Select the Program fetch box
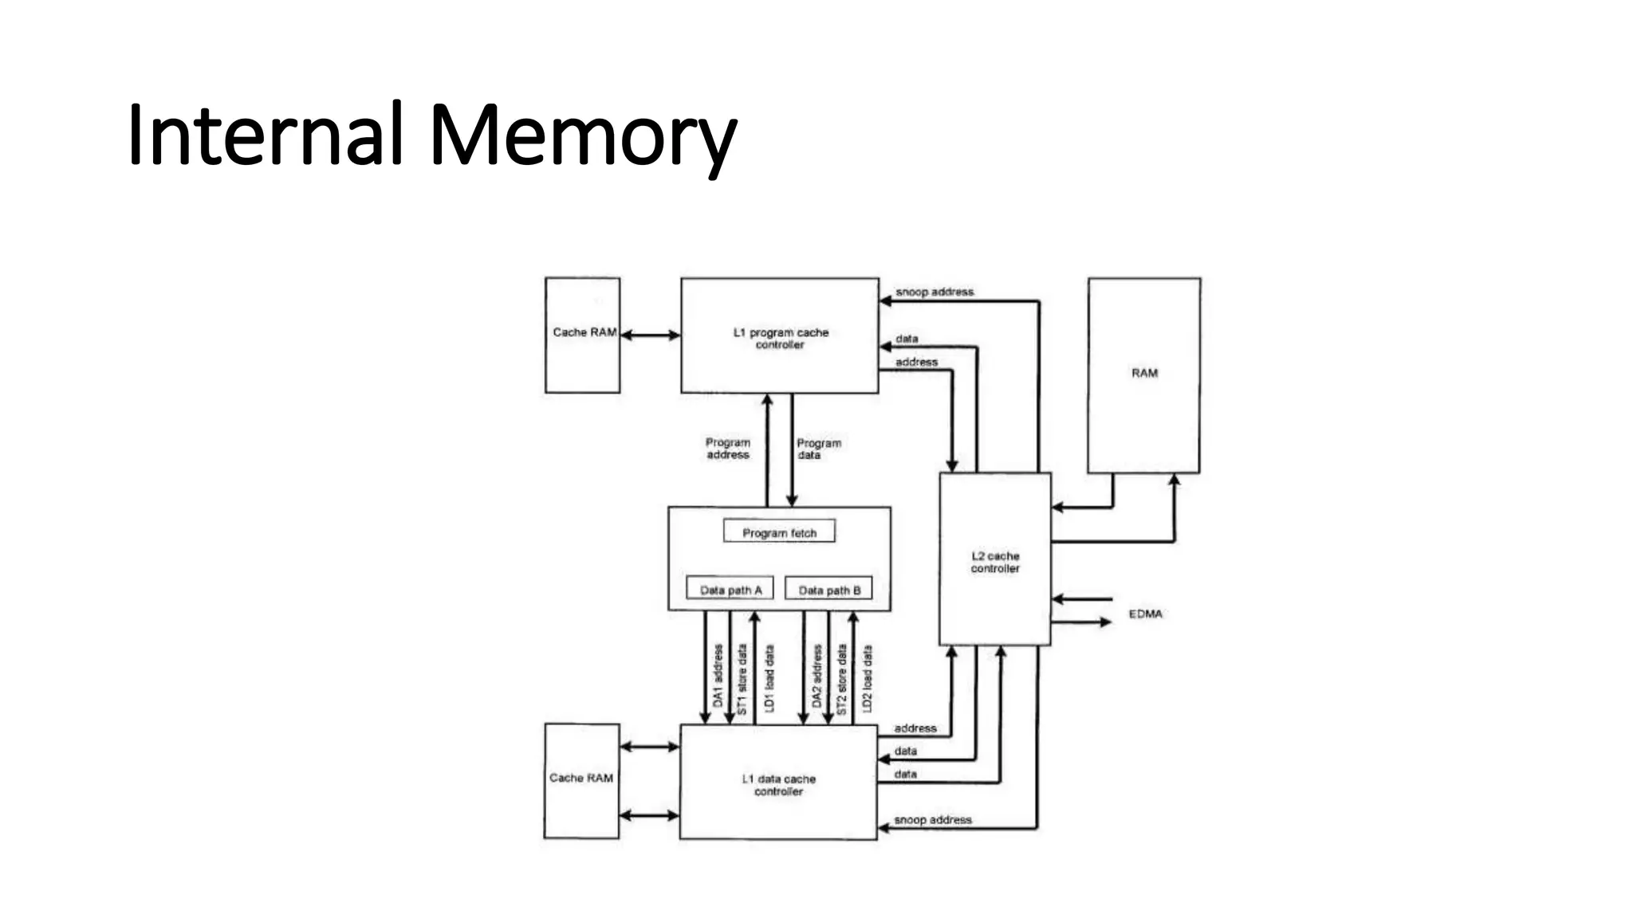coord(779,532)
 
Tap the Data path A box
coord(730,590)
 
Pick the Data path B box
coord(829,590)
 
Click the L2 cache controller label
coord(995,562)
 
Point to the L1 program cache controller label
coord(781,338)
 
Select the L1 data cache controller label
coord(779,785)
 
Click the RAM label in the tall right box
coord(1144,373)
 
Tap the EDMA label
coord(1145,614)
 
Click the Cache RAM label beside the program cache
coord(584,332)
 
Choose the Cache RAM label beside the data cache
coord(581,778)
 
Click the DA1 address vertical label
coord(718,676)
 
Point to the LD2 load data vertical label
coord(868,677)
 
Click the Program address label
coord(728,449)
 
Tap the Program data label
coord(819,449)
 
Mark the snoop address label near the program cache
coord(935,292)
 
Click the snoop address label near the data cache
coord(933,820)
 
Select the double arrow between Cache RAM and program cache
coord(650,335)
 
